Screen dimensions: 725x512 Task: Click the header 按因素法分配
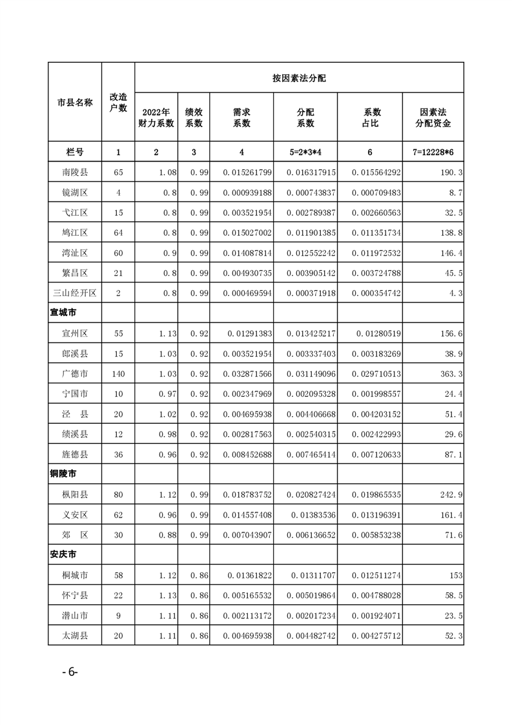tap(299, 78)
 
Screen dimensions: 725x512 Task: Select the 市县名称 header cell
tap(75, 102)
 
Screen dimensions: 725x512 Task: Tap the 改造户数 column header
tap(118, 102)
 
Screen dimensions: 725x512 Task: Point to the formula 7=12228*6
tap(433, 152)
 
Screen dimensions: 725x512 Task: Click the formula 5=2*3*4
tap(305, 152)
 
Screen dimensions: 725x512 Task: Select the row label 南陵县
tap(75, 173)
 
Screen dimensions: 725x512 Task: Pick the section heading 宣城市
tap(63, 313)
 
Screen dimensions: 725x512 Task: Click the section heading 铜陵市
tap(63, 474)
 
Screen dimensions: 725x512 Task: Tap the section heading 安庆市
tap(63, 554)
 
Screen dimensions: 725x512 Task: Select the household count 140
tap(118, 374)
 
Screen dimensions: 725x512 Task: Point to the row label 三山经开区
tap(75, 293)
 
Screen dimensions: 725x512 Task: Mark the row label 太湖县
tap(75, 635)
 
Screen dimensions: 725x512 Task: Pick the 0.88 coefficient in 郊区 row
tap(167, 535)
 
